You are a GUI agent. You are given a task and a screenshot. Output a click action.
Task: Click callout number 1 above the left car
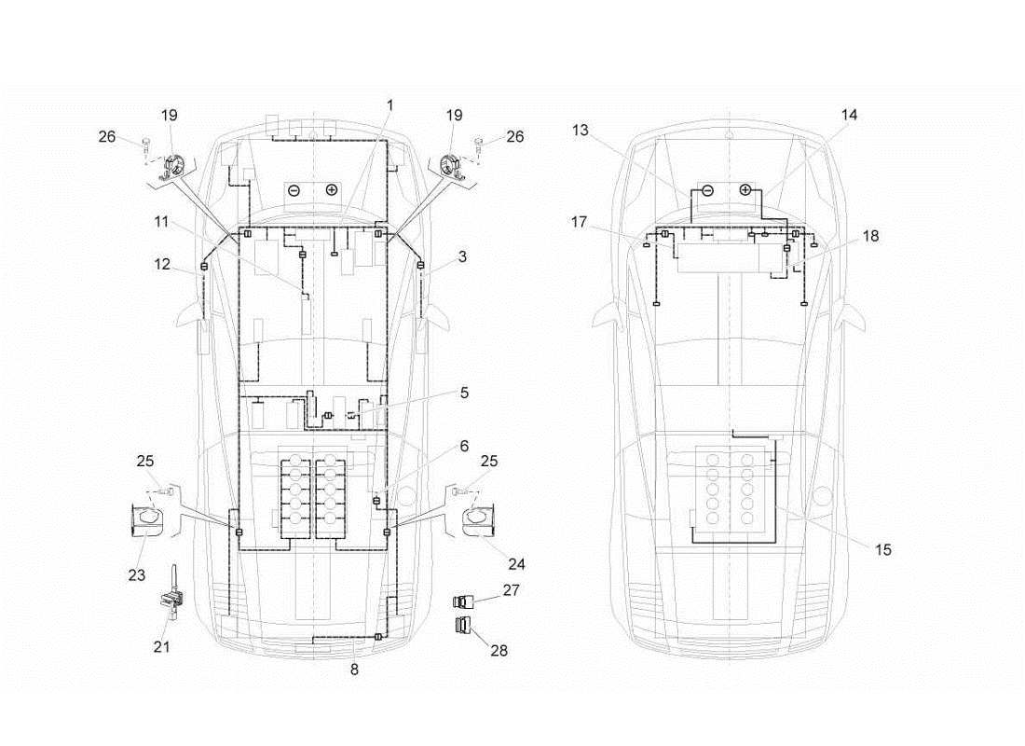(389, 105)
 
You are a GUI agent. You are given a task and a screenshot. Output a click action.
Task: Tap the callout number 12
(161, 265)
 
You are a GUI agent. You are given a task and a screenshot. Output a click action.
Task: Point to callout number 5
(464, 393)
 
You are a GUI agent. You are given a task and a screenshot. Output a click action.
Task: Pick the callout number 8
(354, 668)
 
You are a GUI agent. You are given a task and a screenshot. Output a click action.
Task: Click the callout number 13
(581, 131)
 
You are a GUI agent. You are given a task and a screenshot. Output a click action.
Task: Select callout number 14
(849, 115)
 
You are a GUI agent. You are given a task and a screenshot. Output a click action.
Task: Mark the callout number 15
(883, 549)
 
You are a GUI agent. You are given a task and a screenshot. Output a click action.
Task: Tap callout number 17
(581, 222)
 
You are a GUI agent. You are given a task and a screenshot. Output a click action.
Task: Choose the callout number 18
(870, 237)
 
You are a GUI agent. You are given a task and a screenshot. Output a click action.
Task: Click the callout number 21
(161, 645)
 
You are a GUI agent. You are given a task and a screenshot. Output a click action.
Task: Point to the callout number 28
(499, 650)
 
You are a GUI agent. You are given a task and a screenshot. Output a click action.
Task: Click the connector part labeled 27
(463, 601)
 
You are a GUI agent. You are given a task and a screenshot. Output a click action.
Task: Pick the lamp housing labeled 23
(144, 518)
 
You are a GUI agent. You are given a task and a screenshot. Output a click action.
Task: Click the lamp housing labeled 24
(480, 519)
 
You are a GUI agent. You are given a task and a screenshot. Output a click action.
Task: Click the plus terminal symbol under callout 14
(745, 189)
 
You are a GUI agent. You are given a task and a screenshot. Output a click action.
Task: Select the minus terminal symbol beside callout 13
(707, 189)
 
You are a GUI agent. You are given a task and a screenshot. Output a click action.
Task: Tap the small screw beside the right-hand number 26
(479, 143)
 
